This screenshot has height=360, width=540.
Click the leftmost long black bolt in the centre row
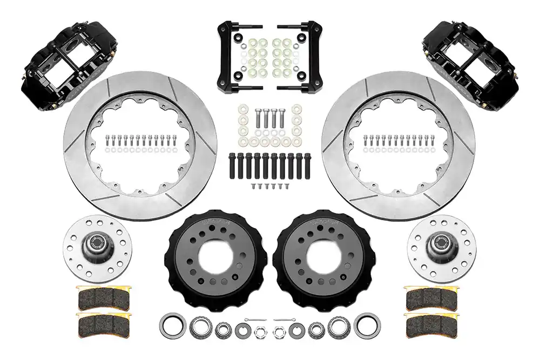pos(233,164)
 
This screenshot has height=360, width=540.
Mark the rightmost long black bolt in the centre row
pos(306,164)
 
